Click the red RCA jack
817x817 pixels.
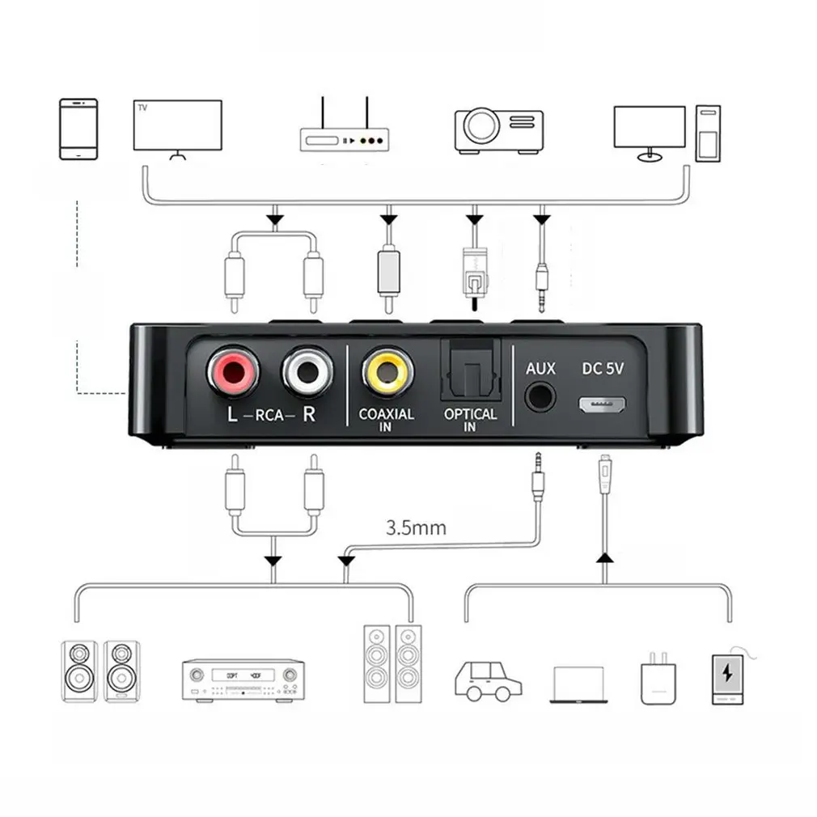click(x=233, y=372)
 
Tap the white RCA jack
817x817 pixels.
click(x=307, y=372)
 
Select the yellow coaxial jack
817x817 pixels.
click(x=387, y=372)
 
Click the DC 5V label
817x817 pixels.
click(x=602, y=368)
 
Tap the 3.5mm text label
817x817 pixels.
click(x=416, y=529)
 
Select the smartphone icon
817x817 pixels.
click(x=78, y=129)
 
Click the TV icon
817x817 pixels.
click(x=177, y=127)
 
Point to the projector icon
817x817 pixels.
click(x=497, y=129)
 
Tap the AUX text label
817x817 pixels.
click(x=540, y=369)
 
